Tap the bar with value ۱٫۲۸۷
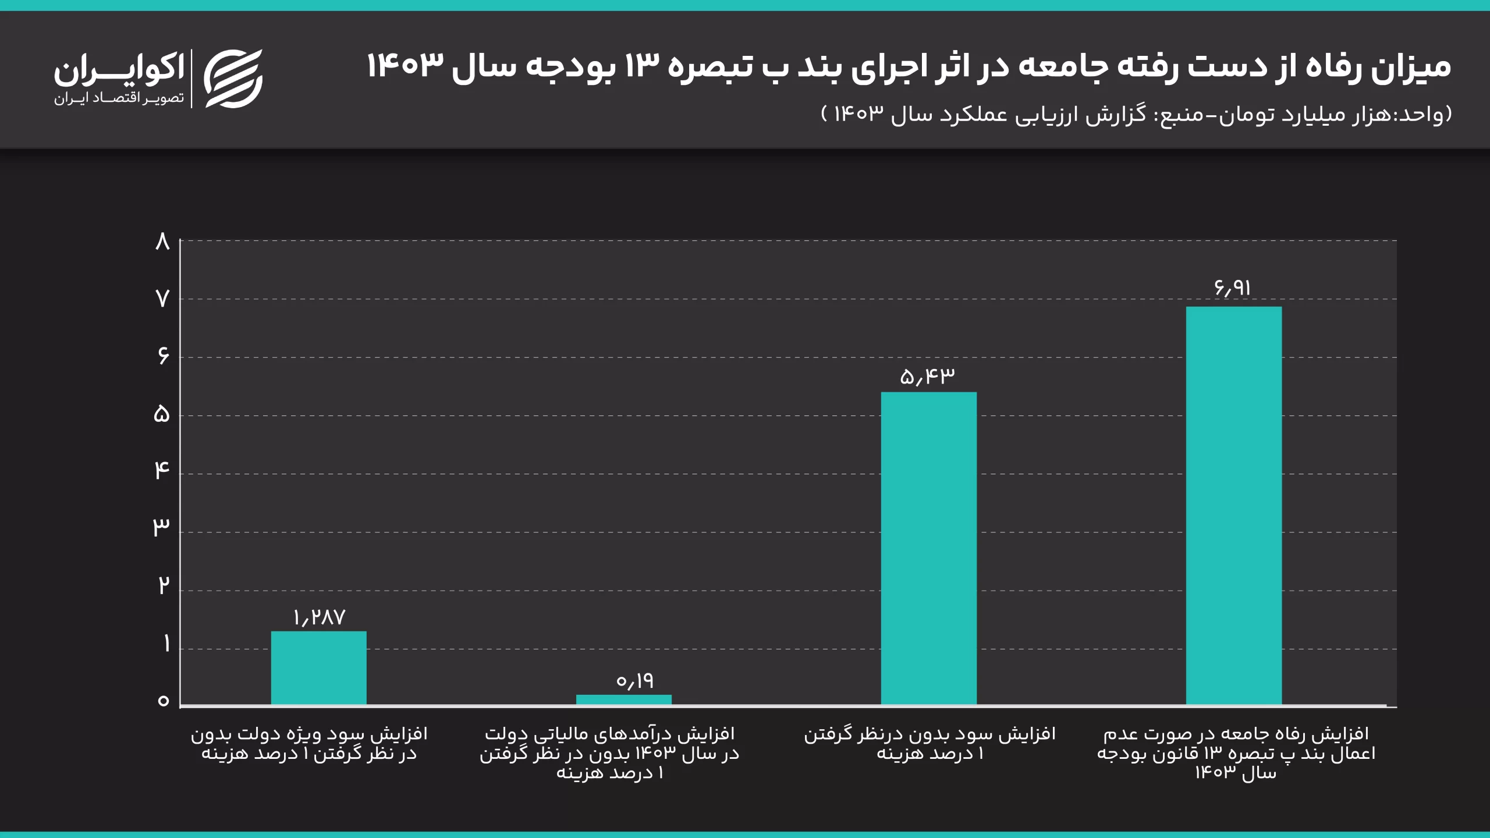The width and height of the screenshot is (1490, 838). tap(318, 668)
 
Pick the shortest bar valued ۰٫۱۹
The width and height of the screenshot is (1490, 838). tap(623, 699)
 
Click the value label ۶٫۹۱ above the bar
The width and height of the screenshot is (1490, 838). tap(1232, 288)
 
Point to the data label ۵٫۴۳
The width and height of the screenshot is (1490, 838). tap(927, 377)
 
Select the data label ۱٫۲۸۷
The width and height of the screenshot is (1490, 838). tap(319, 617)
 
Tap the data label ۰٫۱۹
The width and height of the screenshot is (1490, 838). tap(635, 680)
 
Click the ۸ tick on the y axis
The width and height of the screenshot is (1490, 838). tap(162, 241)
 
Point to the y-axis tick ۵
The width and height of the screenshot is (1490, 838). tap(162, 414)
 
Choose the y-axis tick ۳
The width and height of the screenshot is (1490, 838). tap(161, 527)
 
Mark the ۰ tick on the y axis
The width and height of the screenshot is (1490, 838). tap(163, 701)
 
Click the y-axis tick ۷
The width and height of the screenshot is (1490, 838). tap(162, 299)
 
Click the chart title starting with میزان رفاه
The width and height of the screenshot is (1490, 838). tap(909, 66)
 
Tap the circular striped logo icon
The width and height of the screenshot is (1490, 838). tap(233, 79)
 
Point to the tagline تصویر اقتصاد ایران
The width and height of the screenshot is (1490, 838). tap(119, 98)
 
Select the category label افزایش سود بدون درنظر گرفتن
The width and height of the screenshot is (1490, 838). tap(930, 743)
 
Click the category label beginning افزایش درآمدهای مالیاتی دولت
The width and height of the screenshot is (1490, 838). tap(609, 753)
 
